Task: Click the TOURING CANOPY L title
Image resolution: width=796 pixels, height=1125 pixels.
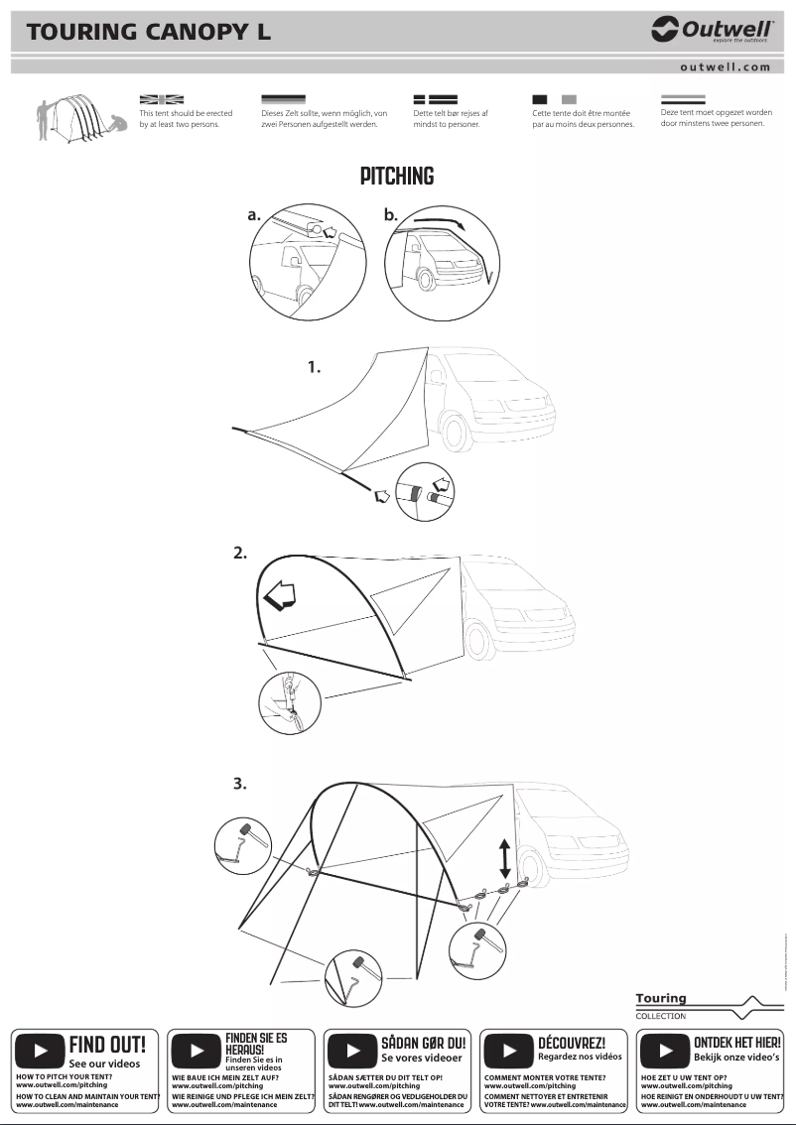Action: click(149, 32)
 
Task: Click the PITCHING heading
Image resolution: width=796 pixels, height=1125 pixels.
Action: click(397, 177)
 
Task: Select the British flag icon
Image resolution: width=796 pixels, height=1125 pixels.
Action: click(162, 100)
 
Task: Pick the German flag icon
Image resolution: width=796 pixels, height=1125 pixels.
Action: click(283, 100)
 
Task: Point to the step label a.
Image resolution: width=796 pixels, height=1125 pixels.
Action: click(255, 214)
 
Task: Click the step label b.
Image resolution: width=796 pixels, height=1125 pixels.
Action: click(390, 214)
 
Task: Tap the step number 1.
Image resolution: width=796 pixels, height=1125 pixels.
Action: click(314, 367)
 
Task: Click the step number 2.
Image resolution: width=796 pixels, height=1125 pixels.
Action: click(239, 553)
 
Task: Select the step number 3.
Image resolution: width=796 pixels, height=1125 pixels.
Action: click(239, 784)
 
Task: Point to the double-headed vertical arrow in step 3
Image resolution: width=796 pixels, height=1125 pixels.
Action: click(505, 857)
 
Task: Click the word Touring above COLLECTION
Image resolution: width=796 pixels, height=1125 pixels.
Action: click(661, 998)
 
